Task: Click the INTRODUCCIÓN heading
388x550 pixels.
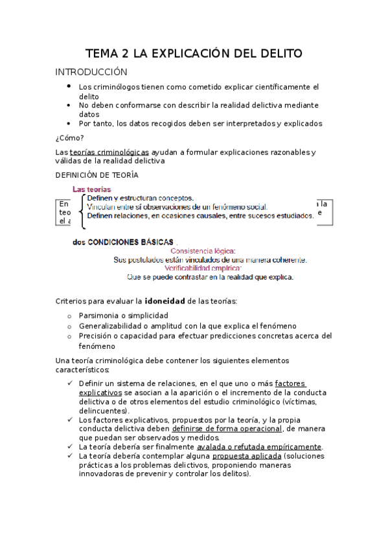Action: click(x=91, y=72)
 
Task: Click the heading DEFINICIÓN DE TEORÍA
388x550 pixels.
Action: click(x=97, y=175)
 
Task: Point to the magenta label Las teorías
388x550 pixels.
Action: click(x=91, y=189)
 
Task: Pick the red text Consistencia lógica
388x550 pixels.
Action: click(x=203, y=251)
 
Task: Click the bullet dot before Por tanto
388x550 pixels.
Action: click(x=69, y=123)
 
